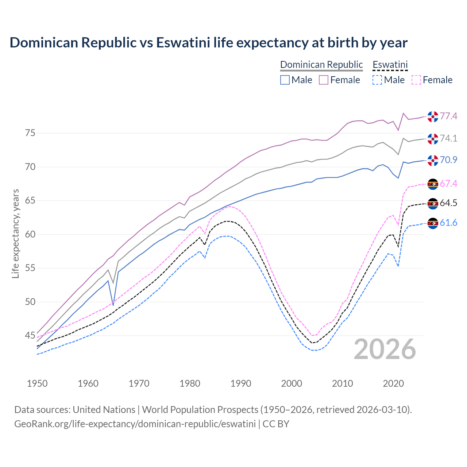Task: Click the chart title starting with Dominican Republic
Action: (208, 43)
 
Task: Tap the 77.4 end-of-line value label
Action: (448, 116)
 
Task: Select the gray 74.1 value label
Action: (448, 139)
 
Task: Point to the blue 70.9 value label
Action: (448, 160)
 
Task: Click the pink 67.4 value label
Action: (448, 184)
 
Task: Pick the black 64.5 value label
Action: (448, 203)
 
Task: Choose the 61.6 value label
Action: (448, 223)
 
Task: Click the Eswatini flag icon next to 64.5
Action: (433, 204)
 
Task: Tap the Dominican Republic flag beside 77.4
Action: (433, 116)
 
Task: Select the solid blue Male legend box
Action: (285, 80)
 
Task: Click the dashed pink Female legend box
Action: (416, 80)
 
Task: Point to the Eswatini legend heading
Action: (390, 65)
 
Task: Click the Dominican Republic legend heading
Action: (321, 65)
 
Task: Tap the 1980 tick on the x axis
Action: (190, 383)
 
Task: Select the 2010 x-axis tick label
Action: (342, 383)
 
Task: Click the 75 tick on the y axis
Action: (30, 133)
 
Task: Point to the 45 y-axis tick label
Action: (30, 335)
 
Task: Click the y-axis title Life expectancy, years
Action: (16, 233)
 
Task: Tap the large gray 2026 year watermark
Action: (385, 349)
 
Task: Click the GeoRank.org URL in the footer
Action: (135, 424)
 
